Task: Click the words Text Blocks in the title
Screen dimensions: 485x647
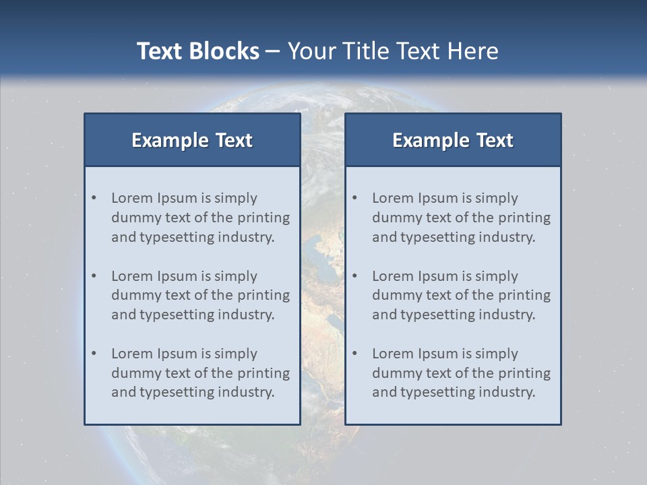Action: point(197,51)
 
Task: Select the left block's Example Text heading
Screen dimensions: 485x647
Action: point(192,140)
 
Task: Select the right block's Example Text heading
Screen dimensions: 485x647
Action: point(453,140)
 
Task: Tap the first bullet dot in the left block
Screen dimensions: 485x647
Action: point(94,198)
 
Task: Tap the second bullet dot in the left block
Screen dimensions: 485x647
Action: point(94,276)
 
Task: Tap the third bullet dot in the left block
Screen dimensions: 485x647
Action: point(94,354)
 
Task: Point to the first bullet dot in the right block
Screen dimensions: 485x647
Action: point(355,198)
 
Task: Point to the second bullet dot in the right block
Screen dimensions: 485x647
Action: point(355,276)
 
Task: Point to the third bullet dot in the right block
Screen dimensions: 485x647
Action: point(355,354)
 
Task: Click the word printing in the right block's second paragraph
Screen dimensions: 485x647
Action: point(526,295)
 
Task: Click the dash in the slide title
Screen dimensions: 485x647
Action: point(273,51)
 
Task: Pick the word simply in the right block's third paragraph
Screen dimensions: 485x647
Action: point(497,354)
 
